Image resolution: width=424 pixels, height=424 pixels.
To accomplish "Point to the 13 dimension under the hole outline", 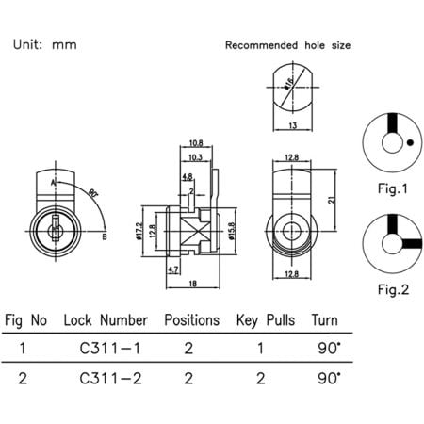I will coord(295,126).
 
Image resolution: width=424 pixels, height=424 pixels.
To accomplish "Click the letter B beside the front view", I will coord(103,236).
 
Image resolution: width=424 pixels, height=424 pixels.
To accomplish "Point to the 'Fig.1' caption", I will coord(391,188).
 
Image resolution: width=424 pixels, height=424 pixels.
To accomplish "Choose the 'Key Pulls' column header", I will coord(267,320).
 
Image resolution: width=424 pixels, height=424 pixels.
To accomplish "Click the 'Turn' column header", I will coord(329,320).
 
